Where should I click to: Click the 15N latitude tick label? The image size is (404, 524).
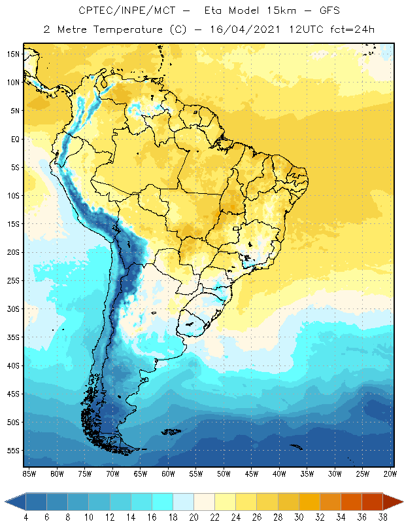pyautogui.click(x=13, y=54)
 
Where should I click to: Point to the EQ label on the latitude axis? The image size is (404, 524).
pyautogui.click(x=14, y=140)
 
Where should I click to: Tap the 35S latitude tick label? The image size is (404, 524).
pyautogui.click(x=13, y=337)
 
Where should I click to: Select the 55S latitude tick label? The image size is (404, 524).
pyautogui.click(x=13, y=451)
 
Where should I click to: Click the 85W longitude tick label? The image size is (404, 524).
pyautogui.click(x=29, y=473)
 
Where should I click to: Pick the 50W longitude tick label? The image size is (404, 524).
pyautogui.click(x=224, y=473)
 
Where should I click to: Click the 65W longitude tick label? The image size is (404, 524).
pyautogui.click(x=141, y=473)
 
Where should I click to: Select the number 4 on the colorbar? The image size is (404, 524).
pyautogui.click(x=26, y=517)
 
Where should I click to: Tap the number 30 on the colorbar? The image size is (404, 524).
pyautogui.click(x=299, y=517)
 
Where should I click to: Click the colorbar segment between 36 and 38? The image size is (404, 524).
pyautogui.click(x=372, y=502)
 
